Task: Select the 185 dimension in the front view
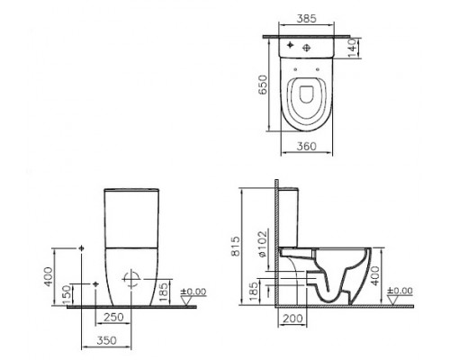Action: point(162,289)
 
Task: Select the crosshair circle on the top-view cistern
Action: point(308,44)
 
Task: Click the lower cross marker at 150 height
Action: point(96,283)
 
